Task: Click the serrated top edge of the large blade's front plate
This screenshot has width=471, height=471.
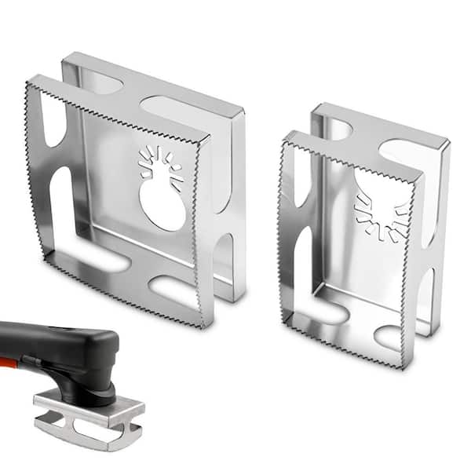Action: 118,109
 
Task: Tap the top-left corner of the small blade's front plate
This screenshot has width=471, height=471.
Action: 287,135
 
